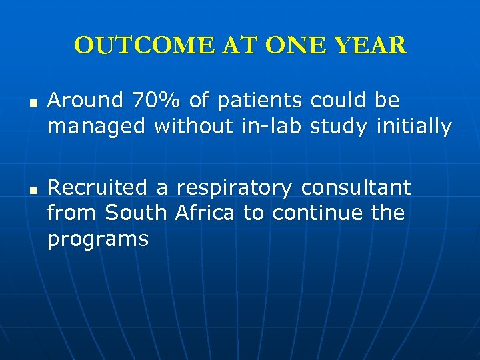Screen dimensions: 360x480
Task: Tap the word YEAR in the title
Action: tap(371, 45)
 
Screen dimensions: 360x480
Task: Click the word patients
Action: tap(259, 101)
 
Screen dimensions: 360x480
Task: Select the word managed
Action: tap(97, 126)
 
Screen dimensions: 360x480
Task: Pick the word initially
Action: tap(414, 126)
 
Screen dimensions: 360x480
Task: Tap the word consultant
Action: tap(356, 188)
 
